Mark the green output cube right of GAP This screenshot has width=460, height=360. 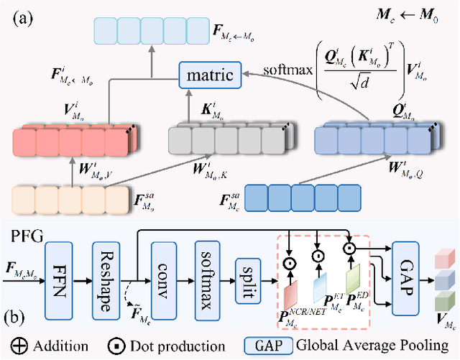click(x=446, y=300)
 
